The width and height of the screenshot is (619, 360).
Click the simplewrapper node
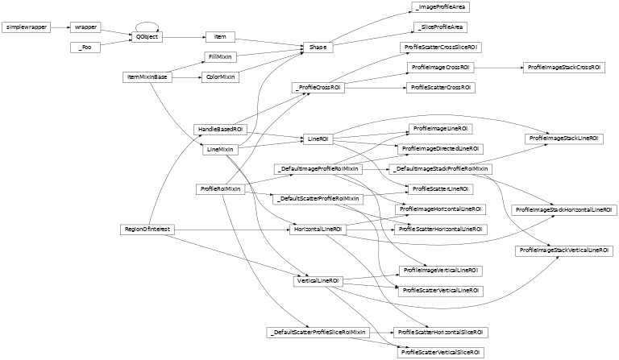(x=27, y=27)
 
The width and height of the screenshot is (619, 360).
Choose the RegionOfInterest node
(x=147, y=230)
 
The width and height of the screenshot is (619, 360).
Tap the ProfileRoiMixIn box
(x=219, y=188)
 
